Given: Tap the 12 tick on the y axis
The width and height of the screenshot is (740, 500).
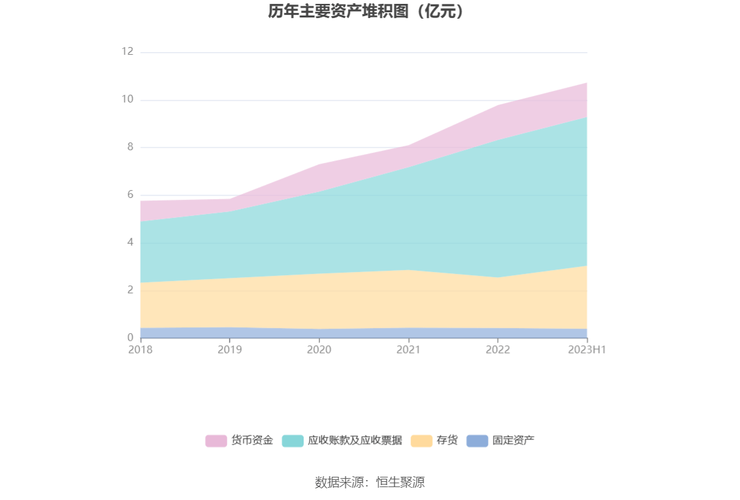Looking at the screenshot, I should point(128,52).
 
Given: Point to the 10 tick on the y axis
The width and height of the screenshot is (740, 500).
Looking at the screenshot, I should point(128,99).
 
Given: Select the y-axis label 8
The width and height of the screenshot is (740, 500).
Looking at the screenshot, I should point(130,147).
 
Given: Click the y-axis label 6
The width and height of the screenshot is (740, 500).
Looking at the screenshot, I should point(130,195).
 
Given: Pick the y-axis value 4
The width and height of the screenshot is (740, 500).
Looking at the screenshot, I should point(130,242).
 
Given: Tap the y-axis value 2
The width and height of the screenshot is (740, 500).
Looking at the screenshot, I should point(130,290).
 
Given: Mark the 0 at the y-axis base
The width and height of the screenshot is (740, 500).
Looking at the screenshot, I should point(130,338).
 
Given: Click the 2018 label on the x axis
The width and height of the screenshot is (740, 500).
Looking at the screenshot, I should point(141,350).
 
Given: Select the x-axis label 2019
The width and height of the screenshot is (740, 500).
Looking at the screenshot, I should point(229,350).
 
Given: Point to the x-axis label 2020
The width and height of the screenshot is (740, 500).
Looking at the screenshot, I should point(319,350).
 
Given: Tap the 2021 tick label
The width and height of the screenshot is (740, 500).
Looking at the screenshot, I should point(408,350).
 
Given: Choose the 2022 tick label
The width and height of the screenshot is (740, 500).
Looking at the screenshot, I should point(498,350).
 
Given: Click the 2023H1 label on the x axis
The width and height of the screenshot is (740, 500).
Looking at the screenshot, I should point(587,350).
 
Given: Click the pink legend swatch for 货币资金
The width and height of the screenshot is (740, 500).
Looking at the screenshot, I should point(216,441).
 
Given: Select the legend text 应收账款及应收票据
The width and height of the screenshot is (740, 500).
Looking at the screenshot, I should point(355,441).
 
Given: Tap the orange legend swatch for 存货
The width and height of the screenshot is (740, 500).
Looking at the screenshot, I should point(422,441).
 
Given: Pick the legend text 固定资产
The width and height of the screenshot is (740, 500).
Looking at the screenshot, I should point(513,441).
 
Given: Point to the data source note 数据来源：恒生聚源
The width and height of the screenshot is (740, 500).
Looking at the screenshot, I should point(369,483).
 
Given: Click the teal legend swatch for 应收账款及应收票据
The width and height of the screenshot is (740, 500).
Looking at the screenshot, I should point(293,441).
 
